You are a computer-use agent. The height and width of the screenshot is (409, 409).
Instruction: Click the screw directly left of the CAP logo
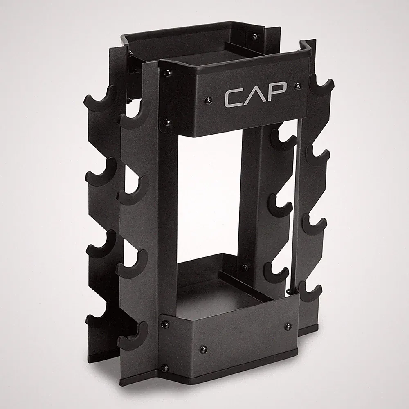(209, 99)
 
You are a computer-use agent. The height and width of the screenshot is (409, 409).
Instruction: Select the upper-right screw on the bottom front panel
(288, 326)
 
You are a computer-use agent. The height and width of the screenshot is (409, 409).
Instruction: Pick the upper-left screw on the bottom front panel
(165, 324)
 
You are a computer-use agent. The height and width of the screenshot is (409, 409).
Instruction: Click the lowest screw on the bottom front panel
(164, 368)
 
